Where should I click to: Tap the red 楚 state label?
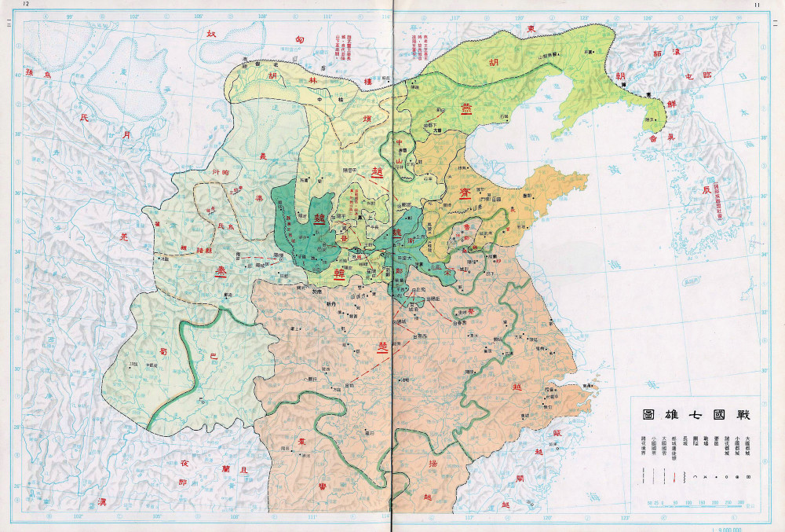click(x=382, y=346)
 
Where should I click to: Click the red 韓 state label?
click(x=341, y=273)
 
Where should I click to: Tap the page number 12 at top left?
click(x=27, y=5)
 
